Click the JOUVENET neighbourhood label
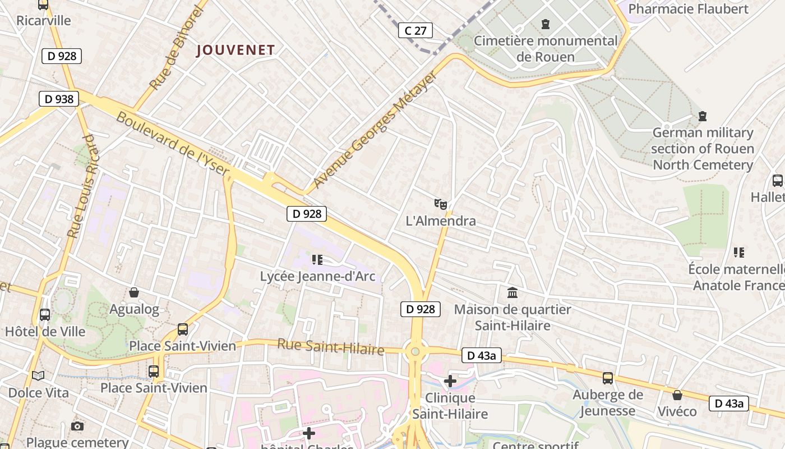235,51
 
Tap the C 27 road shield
415,30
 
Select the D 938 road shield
59,99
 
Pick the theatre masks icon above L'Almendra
441,204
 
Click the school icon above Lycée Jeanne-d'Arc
317,259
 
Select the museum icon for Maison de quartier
512,292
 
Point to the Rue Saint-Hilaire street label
331,347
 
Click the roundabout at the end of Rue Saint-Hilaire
415,352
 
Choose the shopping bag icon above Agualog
134,292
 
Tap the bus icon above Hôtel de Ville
45,315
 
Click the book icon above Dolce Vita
38,375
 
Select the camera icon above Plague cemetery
77,427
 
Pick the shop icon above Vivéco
677,395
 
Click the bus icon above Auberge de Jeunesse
608,378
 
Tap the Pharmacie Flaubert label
688,9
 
